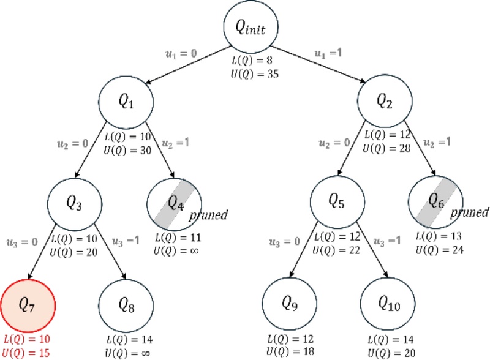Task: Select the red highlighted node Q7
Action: (28, 304)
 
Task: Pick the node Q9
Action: (289, 304)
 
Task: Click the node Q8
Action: (127, 304)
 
